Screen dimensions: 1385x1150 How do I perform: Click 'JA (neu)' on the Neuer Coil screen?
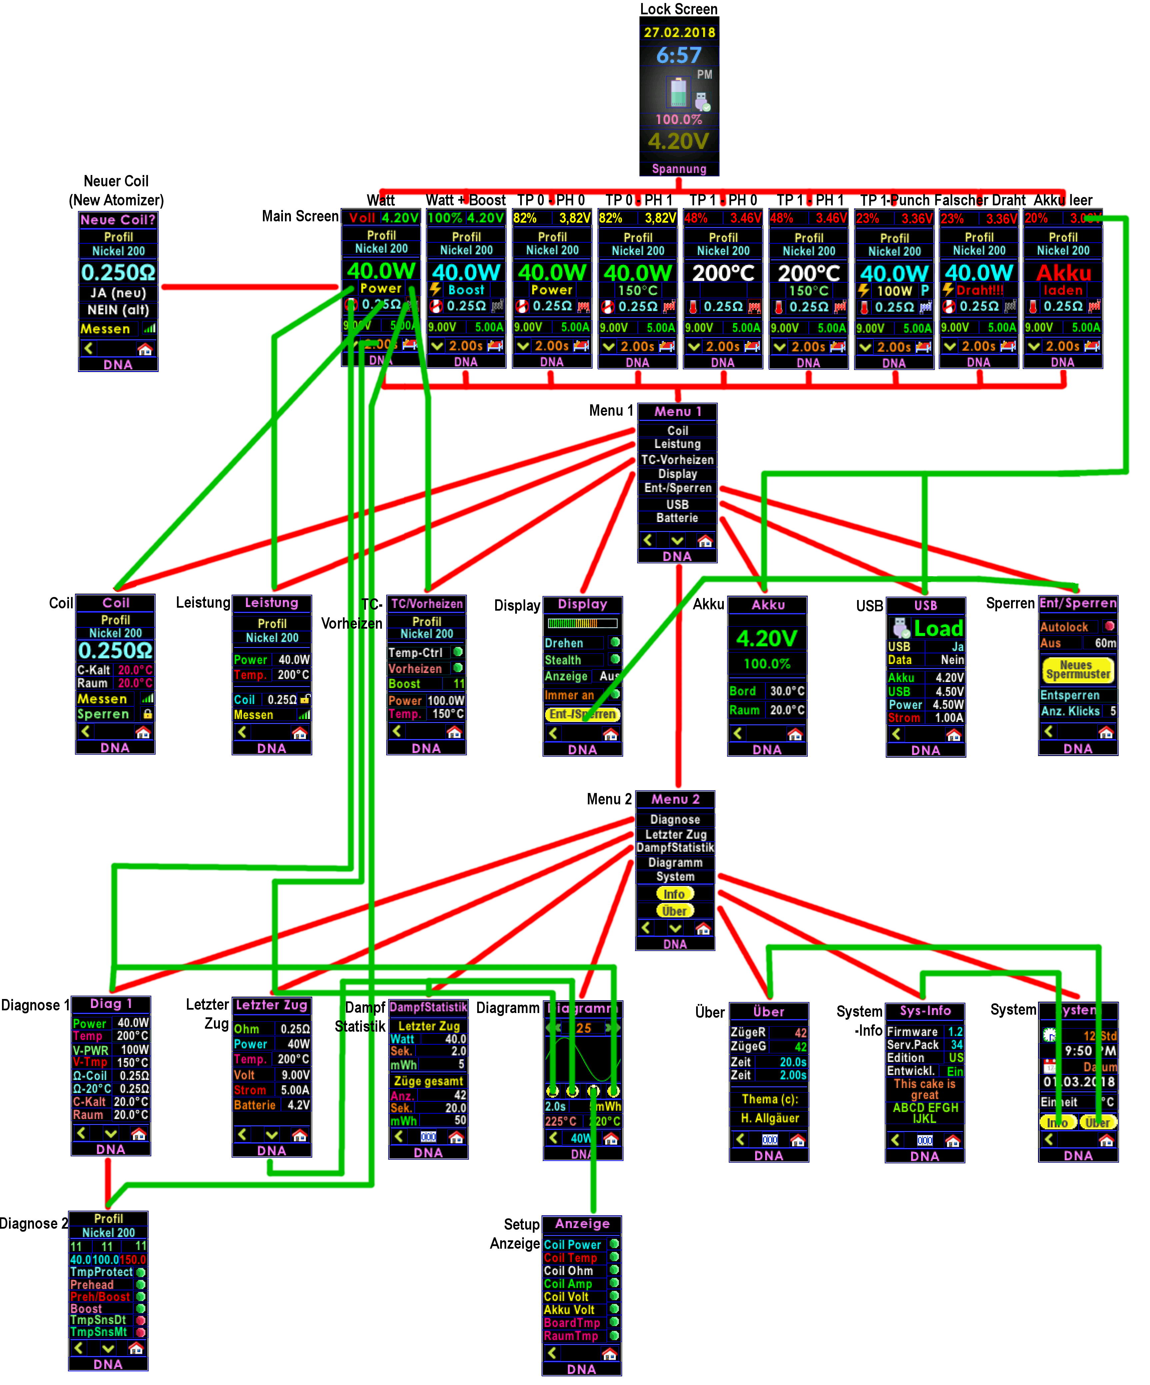(118, 293)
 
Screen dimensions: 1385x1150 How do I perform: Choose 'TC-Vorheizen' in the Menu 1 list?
(677, 460)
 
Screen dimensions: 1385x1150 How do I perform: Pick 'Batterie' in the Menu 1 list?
(677, 518)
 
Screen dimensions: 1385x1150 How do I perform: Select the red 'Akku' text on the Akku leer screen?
(1063, 272)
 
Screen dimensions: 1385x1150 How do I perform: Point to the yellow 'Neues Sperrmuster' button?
(1077, 669)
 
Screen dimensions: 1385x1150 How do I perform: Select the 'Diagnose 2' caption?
(33, 1223)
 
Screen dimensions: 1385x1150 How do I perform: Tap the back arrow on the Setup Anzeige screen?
(553, 1353)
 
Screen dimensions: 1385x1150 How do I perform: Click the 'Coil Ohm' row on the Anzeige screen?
(569, 1271)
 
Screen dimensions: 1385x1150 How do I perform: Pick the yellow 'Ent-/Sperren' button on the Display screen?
(582, 714)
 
